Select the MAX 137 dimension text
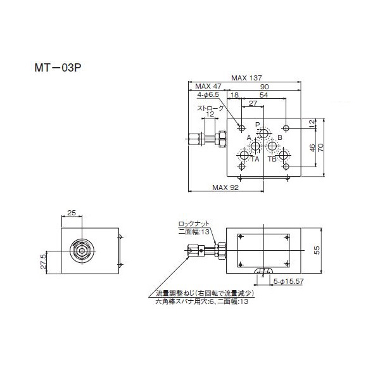pyautogui.click(x=246, y=78)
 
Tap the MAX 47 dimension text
pyautogui.click(x=208, y=86)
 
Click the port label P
pyautogui.click(x=257, y=124)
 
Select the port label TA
pyautogui.click(x=255, y=159)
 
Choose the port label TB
pyautogui.click(x=272, y=159)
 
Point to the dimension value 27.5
pyautogui.click(x=44, y=262)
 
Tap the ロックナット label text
pyautogui.click(x=193, y=224)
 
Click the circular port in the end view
pyautogui.click(x=82, y=250)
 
